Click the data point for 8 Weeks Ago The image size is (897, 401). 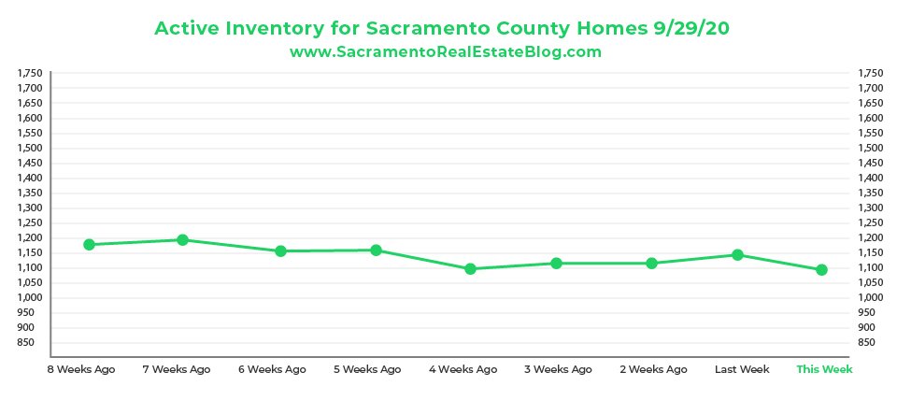coord(90,245)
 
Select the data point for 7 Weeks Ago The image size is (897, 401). coord(183,240)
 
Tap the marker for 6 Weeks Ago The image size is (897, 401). coord(280,251)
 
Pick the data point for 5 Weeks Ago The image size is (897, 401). coord(376,250)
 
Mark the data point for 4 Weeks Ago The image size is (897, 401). coord(470,269)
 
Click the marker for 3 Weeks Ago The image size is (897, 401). coord(556,264)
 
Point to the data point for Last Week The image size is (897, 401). coord(737,254)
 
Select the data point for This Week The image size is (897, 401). coord(821,270)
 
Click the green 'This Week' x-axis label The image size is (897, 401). coord(824,369)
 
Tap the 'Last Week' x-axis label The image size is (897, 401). coord(742,369)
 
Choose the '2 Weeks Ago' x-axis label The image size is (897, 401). coord(653,369)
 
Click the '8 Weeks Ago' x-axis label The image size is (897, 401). coord(81,369)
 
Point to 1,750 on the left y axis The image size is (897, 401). coord(31,73)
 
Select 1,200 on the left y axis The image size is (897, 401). coord(31,237)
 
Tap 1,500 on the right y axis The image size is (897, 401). coord(869,148)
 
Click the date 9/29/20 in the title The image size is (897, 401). coord(692,29)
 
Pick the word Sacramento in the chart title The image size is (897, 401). coord(406,29)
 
